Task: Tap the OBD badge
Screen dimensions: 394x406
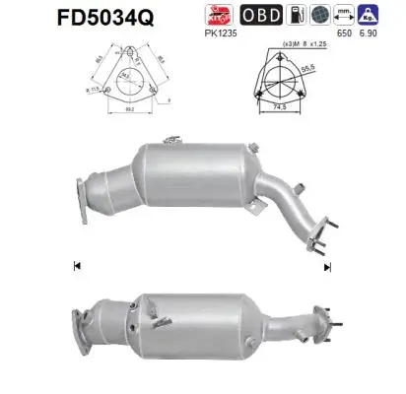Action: [260, 16]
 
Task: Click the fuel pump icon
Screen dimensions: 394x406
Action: [296, 16]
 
